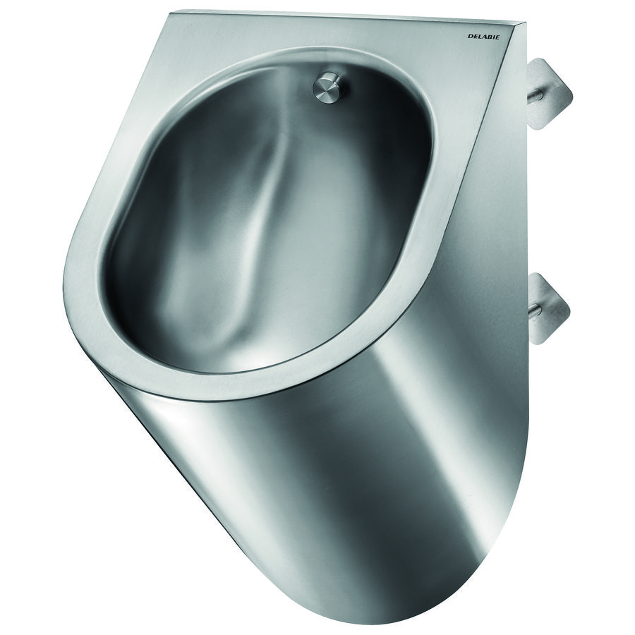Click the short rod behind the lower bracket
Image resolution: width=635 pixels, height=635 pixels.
pos(535,309)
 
